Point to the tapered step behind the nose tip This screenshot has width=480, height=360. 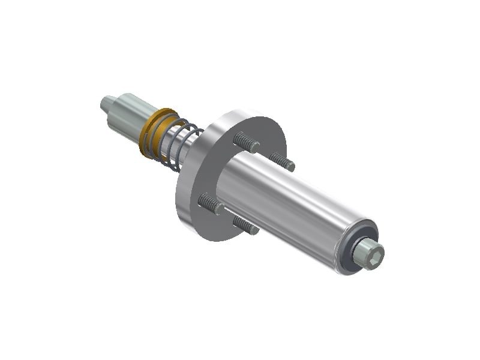116,103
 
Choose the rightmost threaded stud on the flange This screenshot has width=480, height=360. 282,161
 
